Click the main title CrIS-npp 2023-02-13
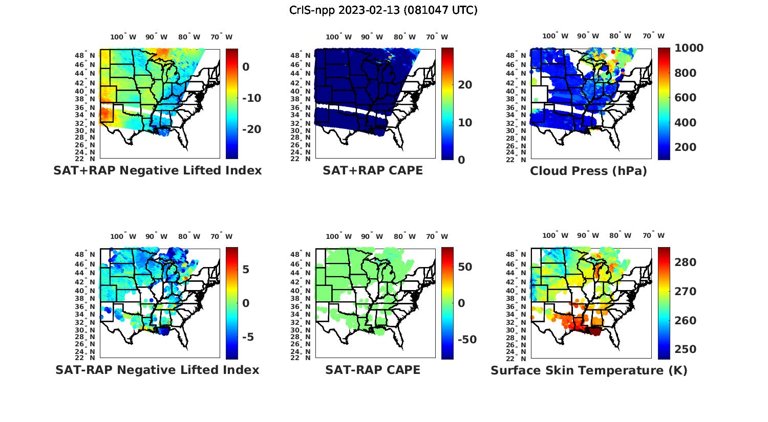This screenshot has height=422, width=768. pyautogui.click(x=383, y=10)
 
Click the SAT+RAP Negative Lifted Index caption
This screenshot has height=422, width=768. pyautogui.click(x=158, y=171)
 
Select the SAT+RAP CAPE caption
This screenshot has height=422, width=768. pyautogui.click(x=373, y=171)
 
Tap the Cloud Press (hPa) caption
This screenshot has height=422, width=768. pyautogui.click(x=588, y=171)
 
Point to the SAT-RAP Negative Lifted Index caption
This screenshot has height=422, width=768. pyautogui.click(x=158, y=370)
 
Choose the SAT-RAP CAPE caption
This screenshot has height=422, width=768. pyautogui.click(x=373, y=370)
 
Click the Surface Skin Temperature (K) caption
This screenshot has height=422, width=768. pyautogui.click(x=589, y=370)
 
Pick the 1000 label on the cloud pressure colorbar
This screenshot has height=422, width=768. pyautogui.click(x=689, y=48)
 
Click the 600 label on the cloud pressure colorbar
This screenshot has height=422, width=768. pyautogui.click(x=686, y=98)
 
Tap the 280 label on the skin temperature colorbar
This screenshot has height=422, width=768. pyautogui.click(x=686, y=262)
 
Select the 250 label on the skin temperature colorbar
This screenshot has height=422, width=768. pyautogui.click(x=686, y=349)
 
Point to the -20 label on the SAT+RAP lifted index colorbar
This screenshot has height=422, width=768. pyautogui.click(x=251, y=129)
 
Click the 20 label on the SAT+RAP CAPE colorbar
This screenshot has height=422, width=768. pyautogui.click(x=465, y=85)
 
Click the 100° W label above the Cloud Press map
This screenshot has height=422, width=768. pyautogui.click(x=555, y=36)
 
